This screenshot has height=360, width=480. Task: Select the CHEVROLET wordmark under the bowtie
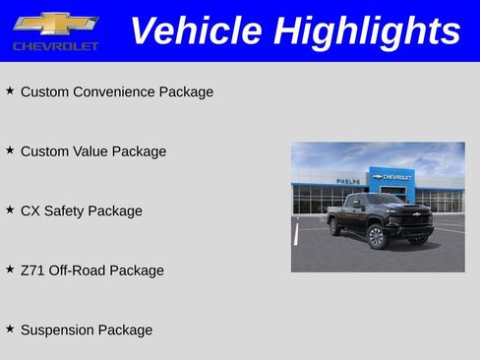click(x=56, y=46)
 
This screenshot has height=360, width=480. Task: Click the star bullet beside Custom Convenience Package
click(x=10, y=90)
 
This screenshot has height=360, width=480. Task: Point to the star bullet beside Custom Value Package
click(x=10, y=150)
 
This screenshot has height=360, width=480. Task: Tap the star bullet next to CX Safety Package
click(x=10, y=210)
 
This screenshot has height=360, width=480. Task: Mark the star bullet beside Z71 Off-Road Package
click(x=10, y=270)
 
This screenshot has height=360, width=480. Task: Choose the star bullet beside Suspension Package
click(x=10, y=330)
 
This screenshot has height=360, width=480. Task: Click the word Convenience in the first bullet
click(x=114, y=92)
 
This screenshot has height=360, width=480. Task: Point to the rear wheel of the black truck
click(x=334, y=227)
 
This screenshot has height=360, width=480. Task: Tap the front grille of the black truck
click(x=417, y=219)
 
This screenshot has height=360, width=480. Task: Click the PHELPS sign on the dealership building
click(x=347, y=181)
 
